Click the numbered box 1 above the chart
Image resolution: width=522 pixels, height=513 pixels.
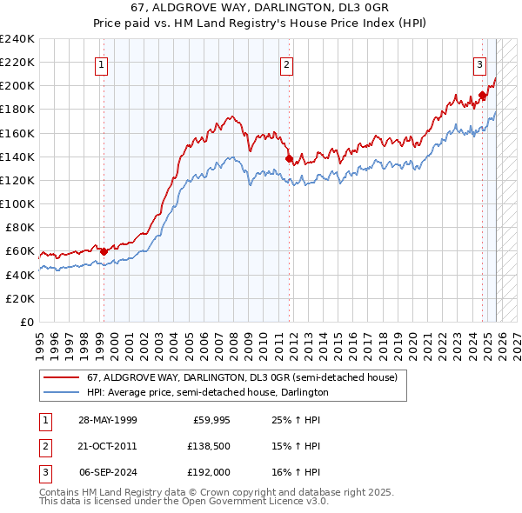coord(102,63)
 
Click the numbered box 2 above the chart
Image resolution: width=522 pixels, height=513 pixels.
coord(287,63)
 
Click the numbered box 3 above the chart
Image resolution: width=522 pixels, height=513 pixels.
coord(479,63)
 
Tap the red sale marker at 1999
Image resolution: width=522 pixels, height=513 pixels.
coord(104,251)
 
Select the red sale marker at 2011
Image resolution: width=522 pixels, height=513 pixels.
coord(289,158)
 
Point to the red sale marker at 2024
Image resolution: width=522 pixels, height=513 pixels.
coord(482,96)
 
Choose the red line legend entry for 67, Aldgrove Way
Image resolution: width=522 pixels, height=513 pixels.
coord(242,378)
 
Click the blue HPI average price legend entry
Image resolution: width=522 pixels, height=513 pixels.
coord(207,392)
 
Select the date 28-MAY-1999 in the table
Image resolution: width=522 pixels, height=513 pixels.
coord(107,420)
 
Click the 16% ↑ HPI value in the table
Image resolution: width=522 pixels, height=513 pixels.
coord(296,472)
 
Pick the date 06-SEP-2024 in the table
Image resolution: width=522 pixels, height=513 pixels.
coord(107,472)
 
